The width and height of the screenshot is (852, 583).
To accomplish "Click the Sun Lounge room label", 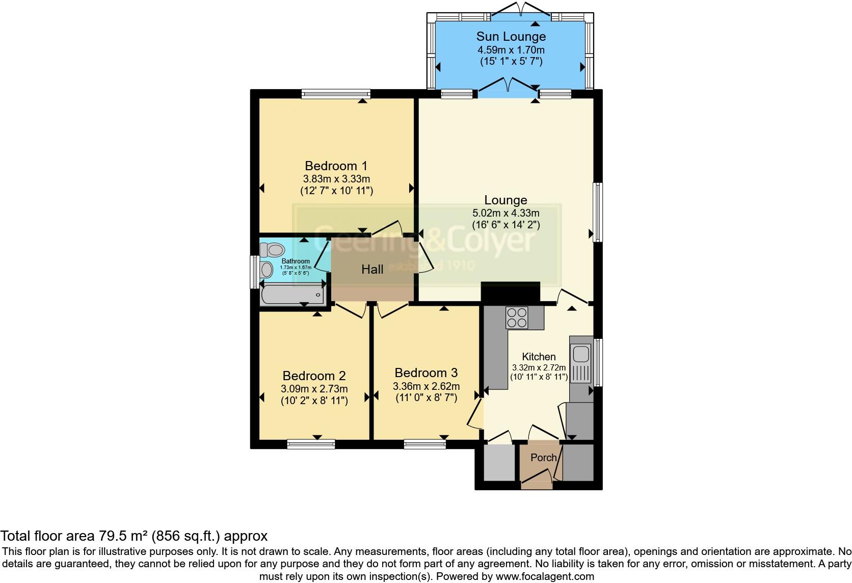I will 511,37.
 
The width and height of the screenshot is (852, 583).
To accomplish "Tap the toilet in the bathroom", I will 273,250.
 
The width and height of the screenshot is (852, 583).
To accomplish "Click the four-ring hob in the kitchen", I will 517,318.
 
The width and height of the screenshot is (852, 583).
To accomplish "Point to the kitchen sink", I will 581,354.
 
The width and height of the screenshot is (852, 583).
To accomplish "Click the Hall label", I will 372,270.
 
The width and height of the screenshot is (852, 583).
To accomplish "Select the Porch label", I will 543,458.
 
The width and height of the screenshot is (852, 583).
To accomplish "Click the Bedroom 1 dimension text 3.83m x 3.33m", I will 336,179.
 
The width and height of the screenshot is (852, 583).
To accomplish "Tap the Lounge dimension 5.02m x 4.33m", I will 505,213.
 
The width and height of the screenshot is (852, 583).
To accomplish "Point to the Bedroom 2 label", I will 314,376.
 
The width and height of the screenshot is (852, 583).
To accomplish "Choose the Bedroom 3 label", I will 426,373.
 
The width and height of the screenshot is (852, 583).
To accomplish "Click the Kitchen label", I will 539,357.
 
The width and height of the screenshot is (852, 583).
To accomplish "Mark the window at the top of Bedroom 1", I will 336,94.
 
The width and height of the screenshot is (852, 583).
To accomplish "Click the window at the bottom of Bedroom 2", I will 311,444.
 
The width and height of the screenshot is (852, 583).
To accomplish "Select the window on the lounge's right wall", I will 598,211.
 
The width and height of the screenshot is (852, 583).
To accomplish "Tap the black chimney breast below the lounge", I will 510,293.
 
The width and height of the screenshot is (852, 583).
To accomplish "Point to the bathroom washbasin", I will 267,270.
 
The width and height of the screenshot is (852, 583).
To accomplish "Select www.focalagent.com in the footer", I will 545,577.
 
